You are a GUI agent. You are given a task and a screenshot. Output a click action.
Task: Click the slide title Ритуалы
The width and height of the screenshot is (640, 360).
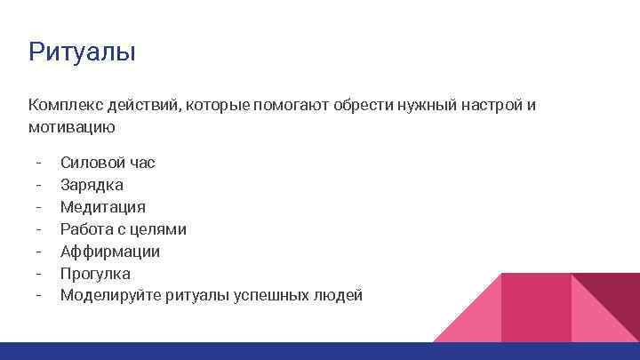(x=82, y=52)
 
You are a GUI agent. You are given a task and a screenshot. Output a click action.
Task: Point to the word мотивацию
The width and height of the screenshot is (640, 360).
(x=71, y=128)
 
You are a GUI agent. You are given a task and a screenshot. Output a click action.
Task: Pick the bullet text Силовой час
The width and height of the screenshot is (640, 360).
(x=108, y=163)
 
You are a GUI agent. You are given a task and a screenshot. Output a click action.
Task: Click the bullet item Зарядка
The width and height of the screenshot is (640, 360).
(x=92, y=185)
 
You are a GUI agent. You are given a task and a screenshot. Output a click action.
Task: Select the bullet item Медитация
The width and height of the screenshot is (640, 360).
(x=103, y=207)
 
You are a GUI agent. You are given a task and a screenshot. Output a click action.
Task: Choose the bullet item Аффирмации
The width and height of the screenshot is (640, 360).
(x=110, y=252)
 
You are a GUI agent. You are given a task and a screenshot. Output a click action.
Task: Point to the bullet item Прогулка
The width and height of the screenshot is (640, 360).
(x=95, y=274)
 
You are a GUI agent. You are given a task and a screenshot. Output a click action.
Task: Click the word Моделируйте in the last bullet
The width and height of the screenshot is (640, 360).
(x=111, y=296)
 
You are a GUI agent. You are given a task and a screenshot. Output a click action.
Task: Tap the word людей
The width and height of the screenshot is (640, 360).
(x=341, y=296)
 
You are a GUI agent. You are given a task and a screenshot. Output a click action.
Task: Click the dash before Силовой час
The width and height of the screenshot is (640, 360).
(x=39, y=163)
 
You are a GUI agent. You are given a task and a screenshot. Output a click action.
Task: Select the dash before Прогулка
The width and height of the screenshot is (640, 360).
(x=39, y=274)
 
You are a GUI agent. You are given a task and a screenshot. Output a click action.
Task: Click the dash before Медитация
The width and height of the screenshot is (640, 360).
(x=39, y=207)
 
